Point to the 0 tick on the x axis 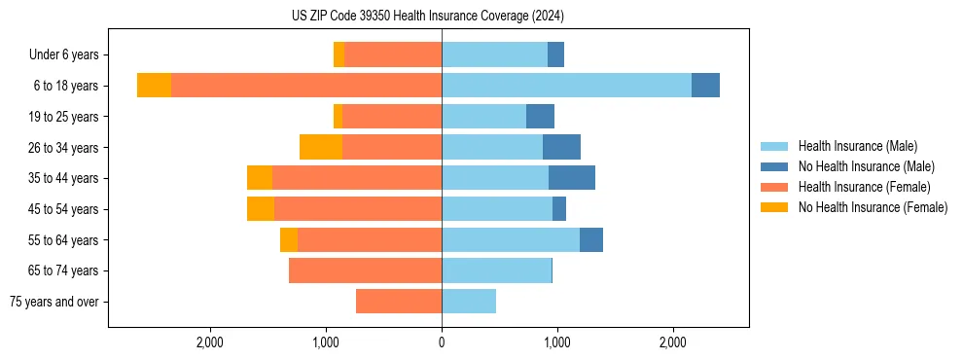(442, 342)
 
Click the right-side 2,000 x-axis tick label (673, 342)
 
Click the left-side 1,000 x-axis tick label (326, 342)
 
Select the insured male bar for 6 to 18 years (566, 86)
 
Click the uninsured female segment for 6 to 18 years (154, 86)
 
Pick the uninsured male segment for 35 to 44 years (572, 178)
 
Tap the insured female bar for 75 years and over (399, 302)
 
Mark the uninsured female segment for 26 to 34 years (321, 147)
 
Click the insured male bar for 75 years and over (469, 302)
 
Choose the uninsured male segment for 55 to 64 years (591, 239)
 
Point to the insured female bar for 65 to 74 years (365, 270)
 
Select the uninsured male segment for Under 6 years (555, 54)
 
